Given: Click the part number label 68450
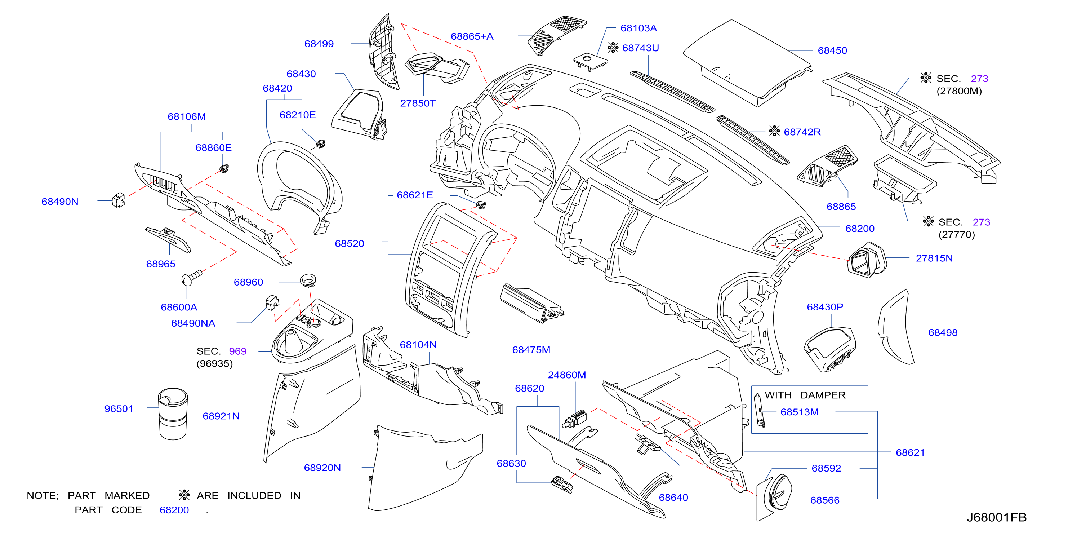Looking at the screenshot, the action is [832, 50].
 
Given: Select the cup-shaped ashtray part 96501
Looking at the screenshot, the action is [173, 414].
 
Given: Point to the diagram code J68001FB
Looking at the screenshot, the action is [996, 517].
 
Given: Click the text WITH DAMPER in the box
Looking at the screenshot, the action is [805, 395].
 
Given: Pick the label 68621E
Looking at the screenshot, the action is [415, 195].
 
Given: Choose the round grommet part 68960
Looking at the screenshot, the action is [308, 280].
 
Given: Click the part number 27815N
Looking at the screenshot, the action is [934, 258].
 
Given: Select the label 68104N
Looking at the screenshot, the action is [418, 345].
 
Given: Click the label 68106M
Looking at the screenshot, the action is [187, 116].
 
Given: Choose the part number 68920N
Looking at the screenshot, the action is [322, 468].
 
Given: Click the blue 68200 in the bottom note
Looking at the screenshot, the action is [174, 510].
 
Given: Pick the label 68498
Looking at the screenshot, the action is [943, 333].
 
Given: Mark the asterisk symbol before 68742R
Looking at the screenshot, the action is [774, 131].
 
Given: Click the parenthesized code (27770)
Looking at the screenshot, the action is [956, 235].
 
